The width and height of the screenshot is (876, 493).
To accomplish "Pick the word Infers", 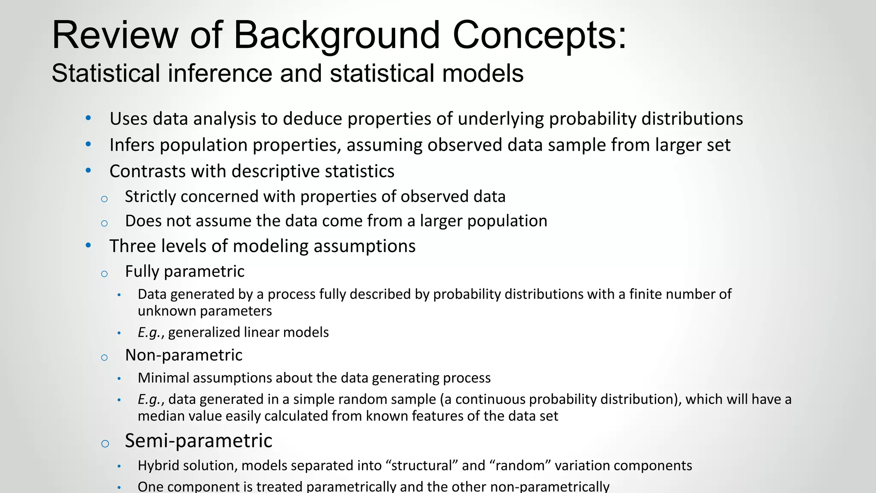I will click(132, 145).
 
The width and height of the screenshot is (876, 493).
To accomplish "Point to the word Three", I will click(130, 246).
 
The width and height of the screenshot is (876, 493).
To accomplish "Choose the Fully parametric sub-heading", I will click(184, 271).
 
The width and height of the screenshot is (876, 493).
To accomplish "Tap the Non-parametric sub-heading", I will click(183, 355).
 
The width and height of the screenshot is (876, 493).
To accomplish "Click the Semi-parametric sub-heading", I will click(198, 441).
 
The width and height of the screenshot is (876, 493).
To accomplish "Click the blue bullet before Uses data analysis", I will click(88, 118).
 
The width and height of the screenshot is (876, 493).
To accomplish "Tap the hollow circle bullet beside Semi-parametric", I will click(105, 443).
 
